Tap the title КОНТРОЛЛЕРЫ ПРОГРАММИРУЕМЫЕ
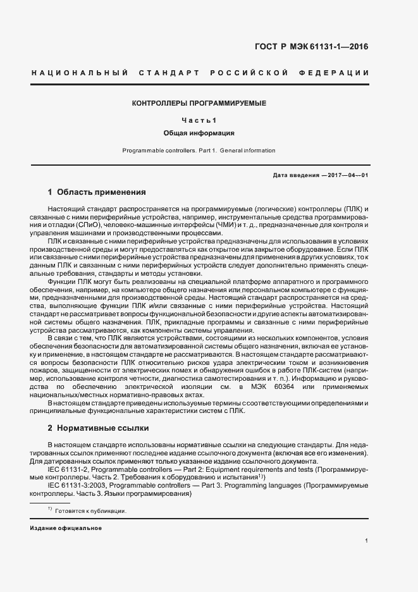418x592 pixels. tap(199, 102)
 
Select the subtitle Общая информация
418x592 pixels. tap(199, 133)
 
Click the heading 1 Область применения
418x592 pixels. tap(97, 192)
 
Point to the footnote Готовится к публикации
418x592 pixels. tap(91, 511)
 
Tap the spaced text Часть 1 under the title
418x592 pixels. tap(199, 120)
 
